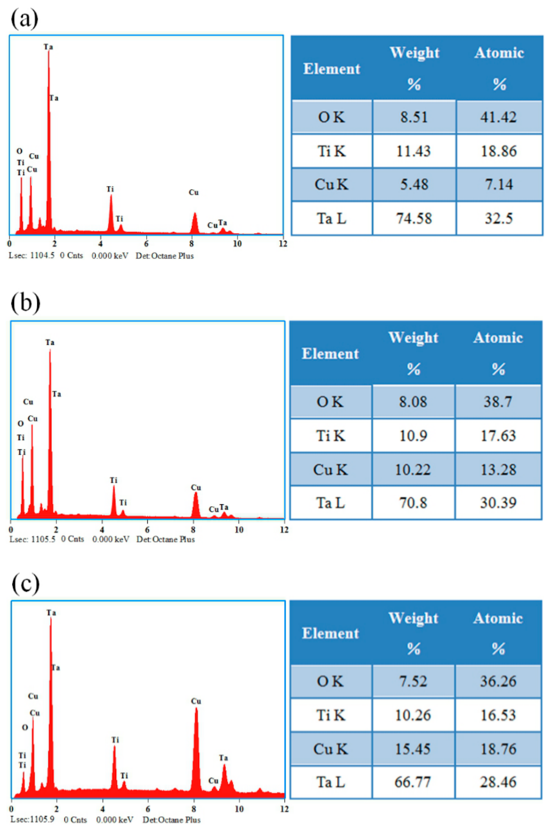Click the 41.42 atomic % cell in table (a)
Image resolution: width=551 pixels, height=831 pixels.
[498, 117]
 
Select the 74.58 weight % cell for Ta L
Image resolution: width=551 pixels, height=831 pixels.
[414, 218]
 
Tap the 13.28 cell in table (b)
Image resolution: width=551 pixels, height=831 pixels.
[498, 470]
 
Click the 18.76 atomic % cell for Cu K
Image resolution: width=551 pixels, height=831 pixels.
[498, 749]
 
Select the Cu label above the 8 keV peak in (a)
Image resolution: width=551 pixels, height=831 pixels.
[194, 192]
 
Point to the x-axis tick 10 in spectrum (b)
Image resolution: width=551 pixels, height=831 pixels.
[239, 530]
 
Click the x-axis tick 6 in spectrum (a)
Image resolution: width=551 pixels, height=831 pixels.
[146, 244]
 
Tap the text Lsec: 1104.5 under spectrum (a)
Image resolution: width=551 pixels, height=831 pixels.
[32, 256]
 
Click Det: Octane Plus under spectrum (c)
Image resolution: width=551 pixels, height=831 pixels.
[171, 820]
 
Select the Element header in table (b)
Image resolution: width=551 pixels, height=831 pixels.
[330, 354]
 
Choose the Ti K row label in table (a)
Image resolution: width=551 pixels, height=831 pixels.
[332, 151]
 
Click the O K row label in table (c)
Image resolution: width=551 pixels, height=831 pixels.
[330, 681]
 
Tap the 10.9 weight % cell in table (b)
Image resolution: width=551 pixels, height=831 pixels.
[413, 436]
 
